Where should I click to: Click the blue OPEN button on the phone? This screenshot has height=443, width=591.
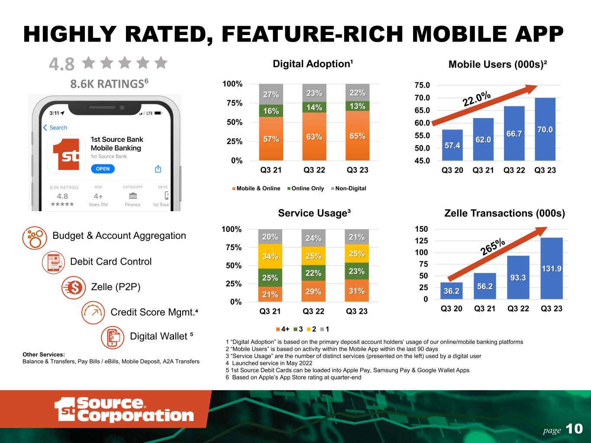click(x=103, y=169)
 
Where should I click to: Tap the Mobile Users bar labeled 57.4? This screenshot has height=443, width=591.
click(x=452, y=145)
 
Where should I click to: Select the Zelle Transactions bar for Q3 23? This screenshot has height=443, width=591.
click(x=552, y=268)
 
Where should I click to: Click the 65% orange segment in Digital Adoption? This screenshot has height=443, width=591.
click(x=357, y=135)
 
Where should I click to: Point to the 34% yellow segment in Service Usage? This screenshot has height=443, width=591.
click(x=270, y=256)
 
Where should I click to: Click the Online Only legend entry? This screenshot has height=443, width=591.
click(x=306, y=188)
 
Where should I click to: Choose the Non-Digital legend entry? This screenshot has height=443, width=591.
click(x=349, y=188)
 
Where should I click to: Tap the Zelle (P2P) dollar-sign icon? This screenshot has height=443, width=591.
click(x=74, y=287)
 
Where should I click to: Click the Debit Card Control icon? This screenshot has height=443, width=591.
click(x=54, y=262)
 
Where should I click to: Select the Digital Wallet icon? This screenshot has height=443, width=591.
click(x=113, y=337)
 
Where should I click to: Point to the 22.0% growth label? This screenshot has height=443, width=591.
click(x=477, y=99)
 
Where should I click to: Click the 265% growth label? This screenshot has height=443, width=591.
click(x=493, y=247)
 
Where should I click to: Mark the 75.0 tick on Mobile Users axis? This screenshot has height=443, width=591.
click(x=422, y=85)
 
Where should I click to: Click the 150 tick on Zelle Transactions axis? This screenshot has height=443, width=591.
click(x=421, y=229)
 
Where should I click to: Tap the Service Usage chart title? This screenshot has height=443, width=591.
click(x=314, y=213)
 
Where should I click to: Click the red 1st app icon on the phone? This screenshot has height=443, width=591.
click(x=66, y=154)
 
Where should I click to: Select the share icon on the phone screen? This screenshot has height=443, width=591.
click(x=158, y=169)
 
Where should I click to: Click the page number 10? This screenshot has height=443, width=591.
click(x=574, y=429)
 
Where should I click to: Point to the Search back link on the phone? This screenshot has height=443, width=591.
click(x=55, y=128)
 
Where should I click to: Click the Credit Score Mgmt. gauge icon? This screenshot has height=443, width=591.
click(x=93, y=312)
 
